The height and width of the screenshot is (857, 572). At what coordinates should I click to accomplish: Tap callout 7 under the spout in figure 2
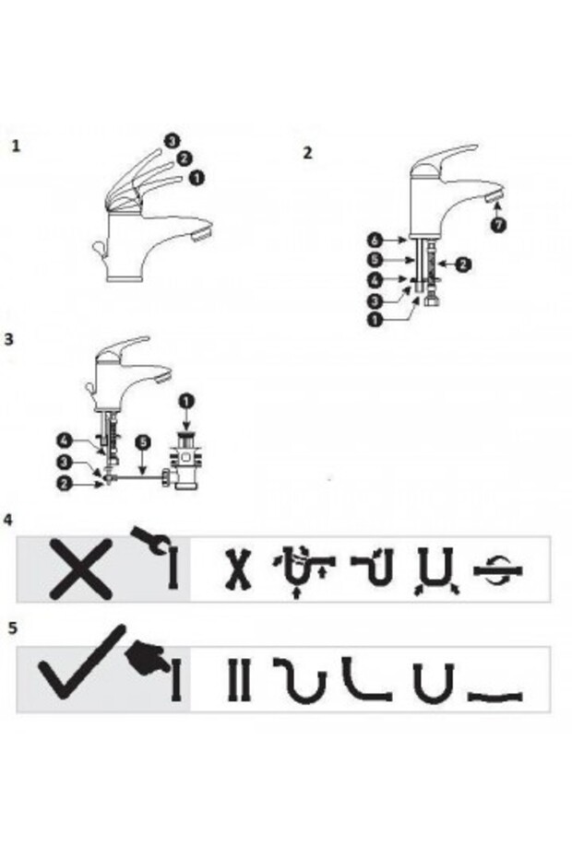(499, 227)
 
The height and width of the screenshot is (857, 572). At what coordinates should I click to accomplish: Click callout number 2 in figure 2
(463, 264)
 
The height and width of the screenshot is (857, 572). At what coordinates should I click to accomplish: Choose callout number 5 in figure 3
(140, 442)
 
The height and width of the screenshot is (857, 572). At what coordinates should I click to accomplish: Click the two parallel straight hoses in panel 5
(238, 680)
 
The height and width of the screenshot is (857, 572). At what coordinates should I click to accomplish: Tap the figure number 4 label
(8, 520)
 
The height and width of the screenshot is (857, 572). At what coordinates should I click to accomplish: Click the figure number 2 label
(307, 153)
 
